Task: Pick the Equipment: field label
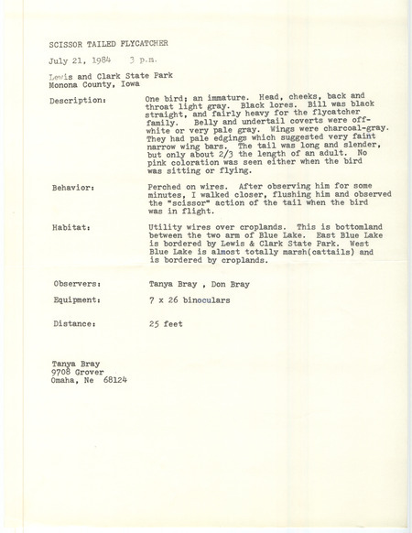(x=75, y=302)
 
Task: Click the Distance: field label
(x=72, y=322)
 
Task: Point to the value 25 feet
(x=165, y=322)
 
